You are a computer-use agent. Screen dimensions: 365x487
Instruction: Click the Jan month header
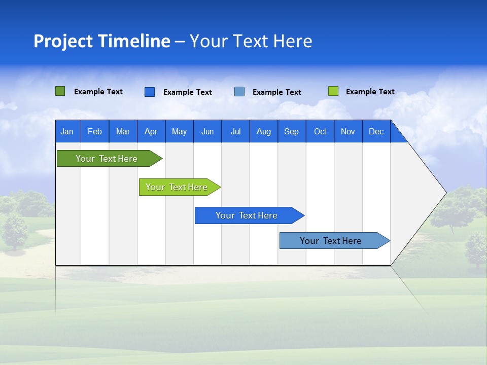point(67,132)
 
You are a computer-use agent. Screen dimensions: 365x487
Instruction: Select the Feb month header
point(95,132)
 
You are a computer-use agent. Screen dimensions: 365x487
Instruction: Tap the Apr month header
point(151,132)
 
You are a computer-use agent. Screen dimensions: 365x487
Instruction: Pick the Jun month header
point(207,132)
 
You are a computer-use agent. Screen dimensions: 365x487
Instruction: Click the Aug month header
point(263,132)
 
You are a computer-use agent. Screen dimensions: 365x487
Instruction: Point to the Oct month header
point(320,132)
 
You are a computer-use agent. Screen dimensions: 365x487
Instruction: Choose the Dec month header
point(376,132)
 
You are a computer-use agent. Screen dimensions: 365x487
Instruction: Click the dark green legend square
point(60,91)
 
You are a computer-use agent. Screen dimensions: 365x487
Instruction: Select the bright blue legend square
point(150,92)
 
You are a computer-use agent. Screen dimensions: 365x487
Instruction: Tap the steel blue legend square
point(239,91)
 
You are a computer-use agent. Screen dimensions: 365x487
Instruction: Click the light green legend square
point(333,91)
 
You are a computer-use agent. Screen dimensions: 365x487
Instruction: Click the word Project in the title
point(63,41)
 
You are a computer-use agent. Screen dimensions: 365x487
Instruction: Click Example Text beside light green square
point(370,92)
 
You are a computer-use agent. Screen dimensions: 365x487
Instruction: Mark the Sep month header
point(291,132)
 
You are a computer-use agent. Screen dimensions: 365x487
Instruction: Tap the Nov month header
point(348,132)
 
